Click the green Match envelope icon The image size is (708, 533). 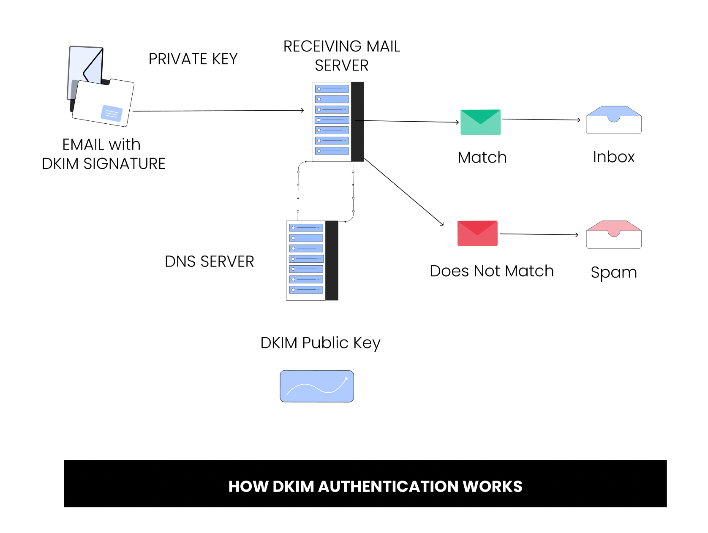tap(480, 122)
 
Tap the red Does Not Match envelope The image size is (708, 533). tap(477, 233)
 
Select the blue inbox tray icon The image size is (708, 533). tap(613, 120)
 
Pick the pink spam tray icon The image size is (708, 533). tap(613, 234)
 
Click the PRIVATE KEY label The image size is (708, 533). tap(193, 59)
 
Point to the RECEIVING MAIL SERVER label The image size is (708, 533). tap(341, 56)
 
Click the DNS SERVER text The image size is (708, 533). tap(209, 262)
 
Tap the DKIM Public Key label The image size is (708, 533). tap(320, 343)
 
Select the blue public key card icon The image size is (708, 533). tap(317, 386)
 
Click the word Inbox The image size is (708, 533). tap(613, 157)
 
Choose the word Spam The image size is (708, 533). tap(613, 272)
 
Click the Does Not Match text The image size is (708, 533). tap(491, 271)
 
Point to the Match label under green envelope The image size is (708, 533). tap(482, 158)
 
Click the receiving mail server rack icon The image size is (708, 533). tap(338, 122)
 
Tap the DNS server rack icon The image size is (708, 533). tap(312, 260)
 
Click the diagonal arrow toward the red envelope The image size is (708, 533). tap(403, 192)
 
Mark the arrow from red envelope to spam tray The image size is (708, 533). tap(539, 234)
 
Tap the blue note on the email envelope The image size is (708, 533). tap(112, 113)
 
